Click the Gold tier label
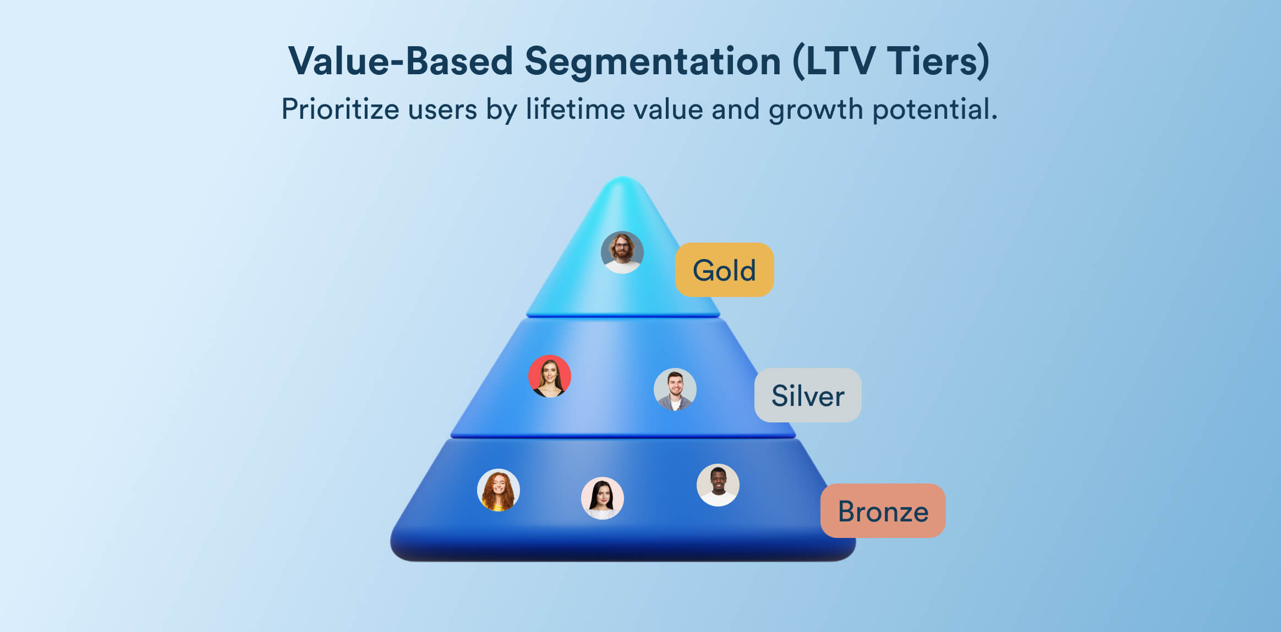724,270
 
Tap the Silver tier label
807,395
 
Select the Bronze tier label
883,511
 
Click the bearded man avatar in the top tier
622,252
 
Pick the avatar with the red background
549,376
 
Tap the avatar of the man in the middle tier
675,389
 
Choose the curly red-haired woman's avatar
498,490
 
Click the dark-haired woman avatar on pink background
602,498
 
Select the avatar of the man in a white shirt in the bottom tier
718,485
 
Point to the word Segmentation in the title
652,62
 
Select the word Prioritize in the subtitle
340,109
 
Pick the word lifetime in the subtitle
576,109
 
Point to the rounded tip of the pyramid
622,184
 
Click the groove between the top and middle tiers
622,316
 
